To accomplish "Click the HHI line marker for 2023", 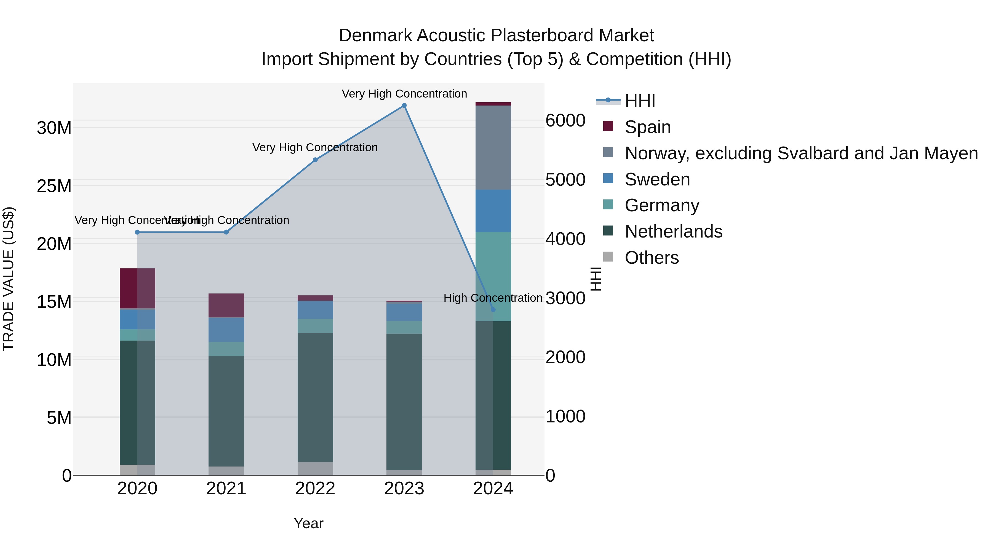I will [404, 106].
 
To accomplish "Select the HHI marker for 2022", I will [315, 160].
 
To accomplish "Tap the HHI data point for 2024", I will [493, 310].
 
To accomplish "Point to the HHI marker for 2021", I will [226, 232].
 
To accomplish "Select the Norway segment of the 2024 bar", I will [493, 147].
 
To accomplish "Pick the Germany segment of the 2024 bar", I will [493, 276].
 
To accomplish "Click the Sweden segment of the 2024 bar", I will [493, 211].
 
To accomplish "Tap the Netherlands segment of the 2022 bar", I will [315, 397].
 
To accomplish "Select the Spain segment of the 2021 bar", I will [226, 305].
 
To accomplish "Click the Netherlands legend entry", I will [673, 231].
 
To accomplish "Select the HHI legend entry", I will [640, 101].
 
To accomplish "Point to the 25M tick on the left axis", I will [54, 186].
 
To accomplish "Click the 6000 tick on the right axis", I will [565, 120].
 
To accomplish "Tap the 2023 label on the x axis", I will [404, 489].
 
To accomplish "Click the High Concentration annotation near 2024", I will [493, 298].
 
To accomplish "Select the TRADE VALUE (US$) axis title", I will [9, 279].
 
